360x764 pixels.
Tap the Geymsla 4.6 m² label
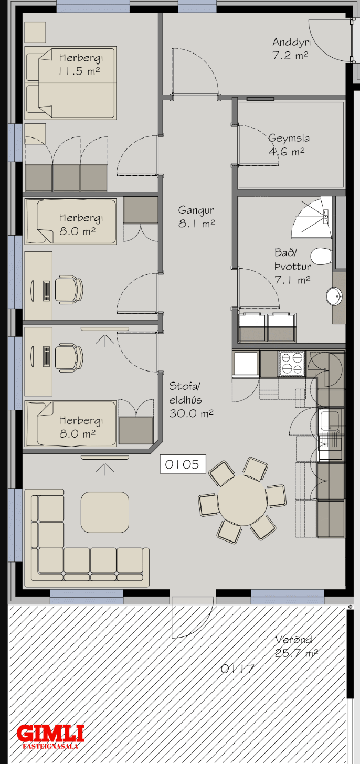coord(289,145)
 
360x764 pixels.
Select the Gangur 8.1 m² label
coord(197,217)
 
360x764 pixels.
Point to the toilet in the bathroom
coord(322,257)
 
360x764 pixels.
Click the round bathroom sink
coord(334,296)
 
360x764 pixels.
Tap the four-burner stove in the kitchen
coord(292,364)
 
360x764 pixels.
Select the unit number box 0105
coord(183,464)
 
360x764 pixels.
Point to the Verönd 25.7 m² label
coord(296,646)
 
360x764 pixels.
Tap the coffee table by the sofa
coord(105,512)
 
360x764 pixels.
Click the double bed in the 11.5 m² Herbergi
coord(71,83)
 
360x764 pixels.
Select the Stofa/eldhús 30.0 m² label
coord(191,400)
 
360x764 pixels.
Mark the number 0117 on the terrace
coord(238,669)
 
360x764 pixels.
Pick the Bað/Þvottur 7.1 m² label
coord(293,267)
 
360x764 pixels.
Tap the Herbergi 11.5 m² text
coord(80,64)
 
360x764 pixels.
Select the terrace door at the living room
coord(193,617)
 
